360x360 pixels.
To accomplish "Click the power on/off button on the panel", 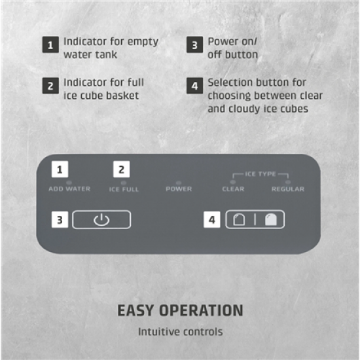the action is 101,220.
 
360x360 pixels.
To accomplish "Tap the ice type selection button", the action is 255,220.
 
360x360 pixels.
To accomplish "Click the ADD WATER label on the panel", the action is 69,189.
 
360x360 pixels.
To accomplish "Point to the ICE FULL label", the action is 124,189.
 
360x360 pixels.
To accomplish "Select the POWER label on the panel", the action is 179,189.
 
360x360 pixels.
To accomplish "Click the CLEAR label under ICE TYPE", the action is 233,189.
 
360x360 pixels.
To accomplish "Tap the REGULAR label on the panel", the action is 288,189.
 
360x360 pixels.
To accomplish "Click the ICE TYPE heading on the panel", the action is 261,174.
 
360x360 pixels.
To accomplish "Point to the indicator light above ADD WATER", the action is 69,183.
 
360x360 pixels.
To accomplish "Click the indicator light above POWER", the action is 179,183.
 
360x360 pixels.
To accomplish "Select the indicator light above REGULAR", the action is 288,183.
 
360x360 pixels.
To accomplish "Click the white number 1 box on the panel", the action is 60,170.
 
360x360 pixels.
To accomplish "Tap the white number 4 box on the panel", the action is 211,220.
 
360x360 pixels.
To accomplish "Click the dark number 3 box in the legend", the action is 194,45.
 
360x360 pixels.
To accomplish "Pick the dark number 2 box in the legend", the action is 50,86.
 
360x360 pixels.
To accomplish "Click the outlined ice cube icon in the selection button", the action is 239,220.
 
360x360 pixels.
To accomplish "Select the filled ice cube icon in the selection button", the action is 271,220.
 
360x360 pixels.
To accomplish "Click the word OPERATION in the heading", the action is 201,311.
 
